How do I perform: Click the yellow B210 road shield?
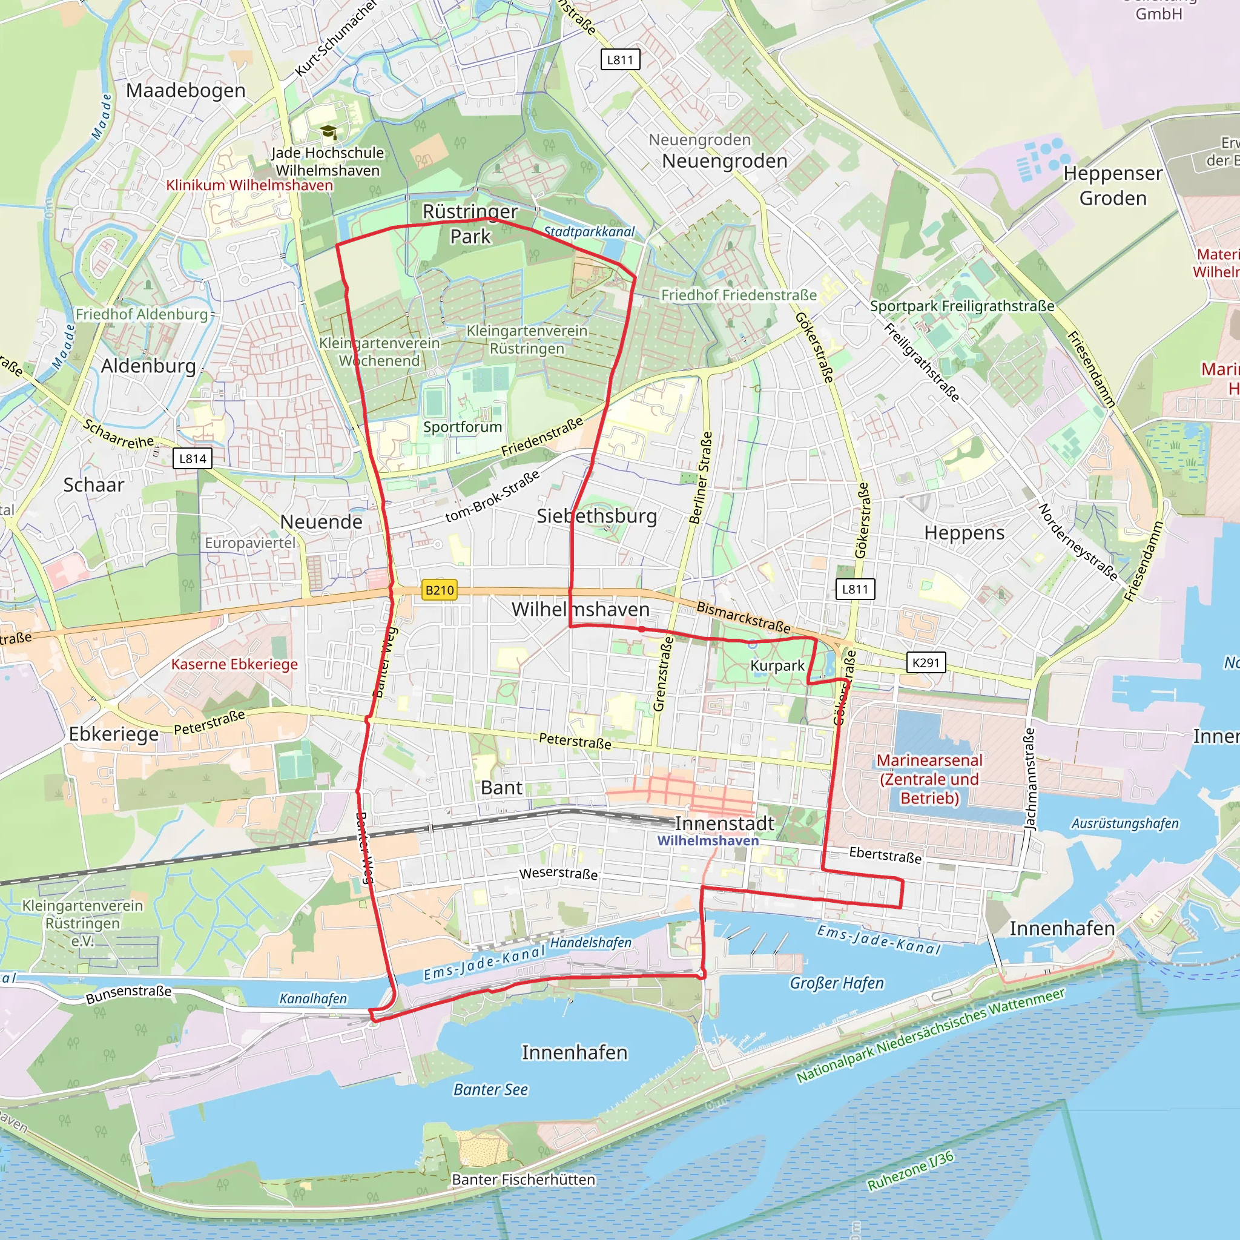click(x=439, y=590)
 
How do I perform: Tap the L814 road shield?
click(x=193, y=458)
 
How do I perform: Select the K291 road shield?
click(x=926, y=662)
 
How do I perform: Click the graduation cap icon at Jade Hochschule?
click(x=329, y=132)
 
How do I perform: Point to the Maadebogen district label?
click(x=185, y=90)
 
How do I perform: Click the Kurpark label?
click(x=777, y=665)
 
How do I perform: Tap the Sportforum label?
click(x=462, y=427)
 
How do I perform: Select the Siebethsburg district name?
click(x=596, y=516)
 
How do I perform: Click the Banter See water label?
click(x=490, y=1089)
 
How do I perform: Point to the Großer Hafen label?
click(x=836, y=983)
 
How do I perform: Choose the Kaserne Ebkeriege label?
click(x=234, y=664)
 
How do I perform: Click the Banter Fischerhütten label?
click(x=523, y=1179)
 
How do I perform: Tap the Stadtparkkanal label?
click(x=589, y=232)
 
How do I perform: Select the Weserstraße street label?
click(x=558, y=874)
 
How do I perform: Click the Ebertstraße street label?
click(x=885, y=855)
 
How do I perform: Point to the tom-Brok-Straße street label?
click(x=492, y=496)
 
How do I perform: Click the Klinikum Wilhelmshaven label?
click(x=249, y=185)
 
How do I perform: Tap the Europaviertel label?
click(x=250, y=543)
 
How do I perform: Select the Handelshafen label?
click(x=590, y=942)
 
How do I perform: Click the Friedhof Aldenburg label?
click(x=142, y=314)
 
